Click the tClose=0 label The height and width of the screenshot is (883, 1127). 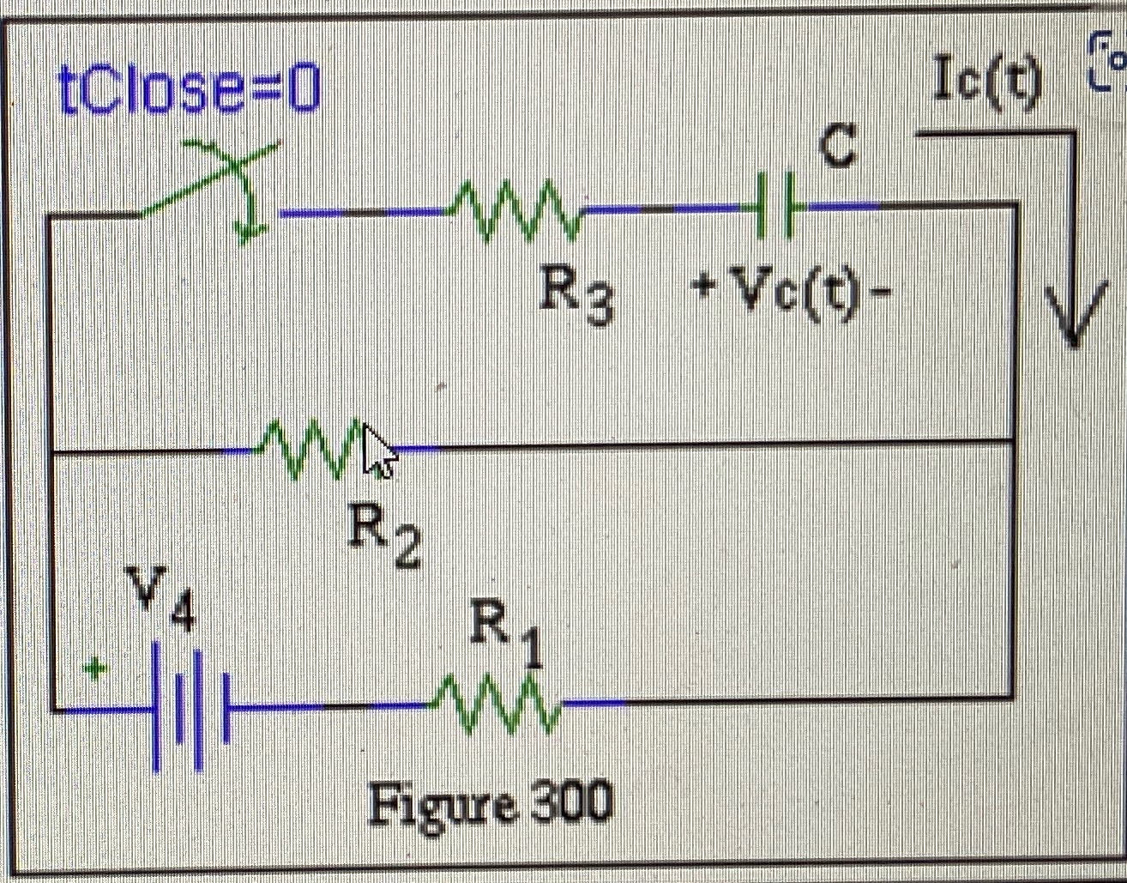pyautogui.click(x=189, y=91)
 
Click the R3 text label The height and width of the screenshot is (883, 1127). pyautogui.click(x=576, y=297)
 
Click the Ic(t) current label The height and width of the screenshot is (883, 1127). pyautogui.click(x=987, y=83)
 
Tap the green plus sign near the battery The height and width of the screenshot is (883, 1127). pyautogui.click(x=94, y=667)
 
